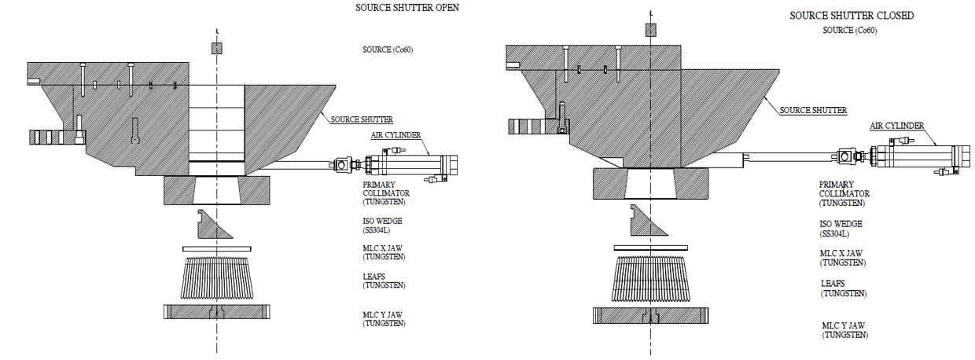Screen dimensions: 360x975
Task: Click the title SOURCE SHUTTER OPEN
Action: [x=407, y=7]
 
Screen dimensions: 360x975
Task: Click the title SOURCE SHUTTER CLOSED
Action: [x=852, y=15]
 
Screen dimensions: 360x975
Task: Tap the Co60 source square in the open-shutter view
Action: [x=217, y=49]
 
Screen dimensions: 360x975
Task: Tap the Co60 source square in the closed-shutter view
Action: [x=650, y=29]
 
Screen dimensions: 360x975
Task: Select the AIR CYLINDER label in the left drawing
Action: [x=396, y=135]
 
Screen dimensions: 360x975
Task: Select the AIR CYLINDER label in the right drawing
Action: [x=896, y=125]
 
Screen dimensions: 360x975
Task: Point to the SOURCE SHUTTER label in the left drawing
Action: [x=361, y=119]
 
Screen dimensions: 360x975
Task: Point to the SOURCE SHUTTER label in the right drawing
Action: [x=812, y=111]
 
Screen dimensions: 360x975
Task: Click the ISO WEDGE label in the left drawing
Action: [x=382, y=227]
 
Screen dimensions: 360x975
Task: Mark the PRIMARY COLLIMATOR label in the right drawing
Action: [x=844, y=193]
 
